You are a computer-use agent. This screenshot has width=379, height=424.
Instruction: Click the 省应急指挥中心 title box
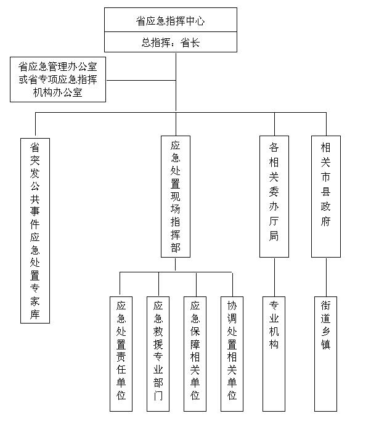click(171, 20)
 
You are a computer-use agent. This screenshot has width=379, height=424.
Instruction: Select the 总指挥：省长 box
click(171, 42)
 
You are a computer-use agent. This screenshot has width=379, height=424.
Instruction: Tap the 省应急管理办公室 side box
click(58, 79)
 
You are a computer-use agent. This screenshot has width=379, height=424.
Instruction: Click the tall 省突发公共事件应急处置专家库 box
click(35, 230)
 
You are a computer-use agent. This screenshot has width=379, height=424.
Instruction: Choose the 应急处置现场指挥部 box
click(176, 197)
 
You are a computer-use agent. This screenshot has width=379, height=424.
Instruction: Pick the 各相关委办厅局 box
click(274, 197)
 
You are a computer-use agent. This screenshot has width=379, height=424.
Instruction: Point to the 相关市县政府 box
click(326, 197)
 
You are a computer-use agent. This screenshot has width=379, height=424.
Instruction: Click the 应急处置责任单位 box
click(121, 354)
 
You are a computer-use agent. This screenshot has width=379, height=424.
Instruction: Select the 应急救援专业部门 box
click(158, 354)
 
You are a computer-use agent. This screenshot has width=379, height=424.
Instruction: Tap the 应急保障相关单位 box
click(195, 354)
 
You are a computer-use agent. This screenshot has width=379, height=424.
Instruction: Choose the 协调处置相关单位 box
click(232, 354)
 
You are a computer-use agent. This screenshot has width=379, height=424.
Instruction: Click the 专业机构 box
click(274, 354)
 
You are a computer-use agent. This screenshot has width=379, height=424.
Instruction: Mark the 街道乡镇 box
click(325, 354)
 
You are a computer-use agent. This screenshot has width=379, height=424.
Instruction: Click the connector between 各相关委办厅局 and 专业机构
click(274, 277)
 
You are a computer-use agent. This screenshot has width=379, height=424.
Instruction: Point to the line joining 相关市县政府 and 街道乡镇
click(326, 277)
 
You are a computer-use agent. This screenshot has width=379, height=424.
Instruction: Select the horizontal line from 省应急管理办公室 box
click(141, 80)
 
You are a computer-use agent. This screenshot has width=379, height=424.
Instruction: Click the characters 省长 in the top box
click(190, 43)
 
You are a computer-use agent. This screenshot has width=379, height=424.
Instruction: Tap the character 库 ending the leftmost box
click(35, 314)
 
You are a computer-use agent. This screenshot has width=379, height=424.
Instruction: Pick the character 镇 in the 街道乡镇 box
click(325, 344)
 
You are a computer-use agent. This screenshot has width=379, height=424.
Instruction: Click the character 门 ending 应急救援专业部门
click(158, 396)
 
